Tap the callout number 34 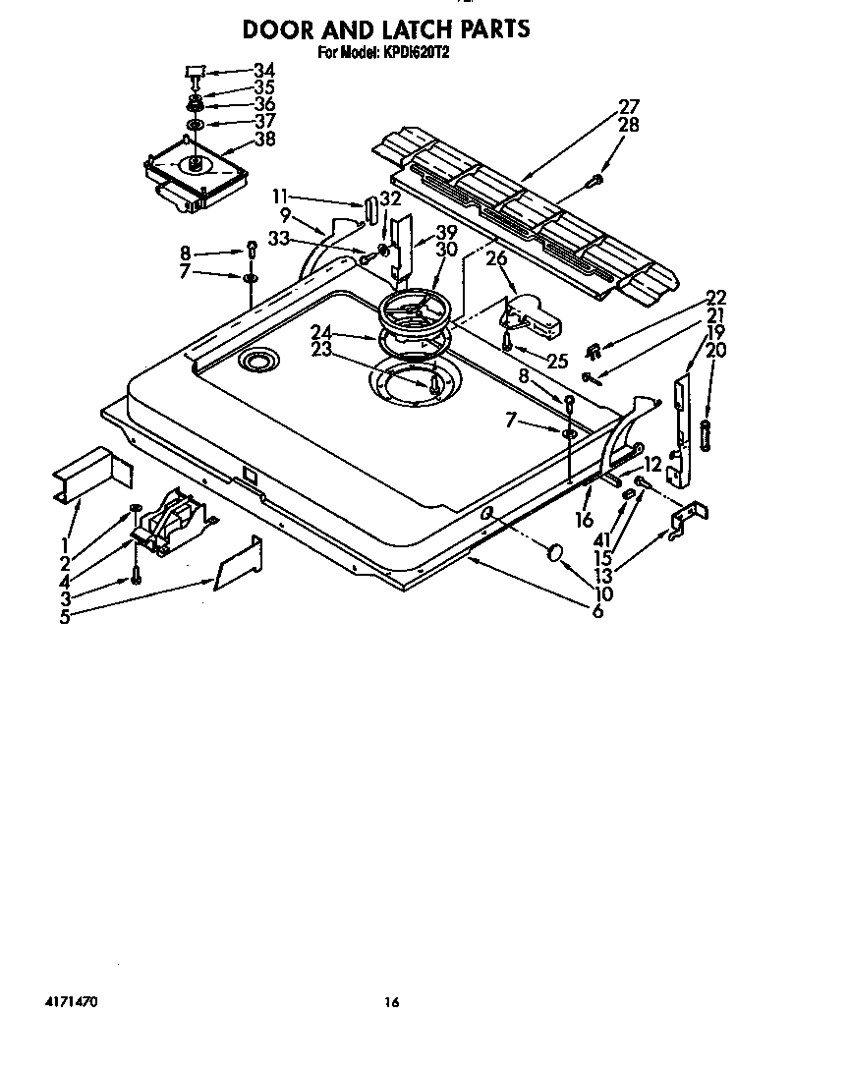click(x=264, y=71)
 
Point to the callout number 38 click(x=264, y=139)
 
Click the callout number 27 click(x=629, y=106)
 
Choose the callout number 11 click(x=280, y=197)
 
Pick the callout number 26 click(x=496, y=258)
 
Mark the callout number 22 click(x=716, y=298)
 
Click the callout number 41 click(x=602, y=540)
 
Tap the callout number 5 click(x=64, y=618)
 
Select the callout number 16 click(x=585, y=520)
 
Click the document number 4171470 click(x=71, y=1002)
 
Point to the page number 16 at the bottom click(x=391, y=1002)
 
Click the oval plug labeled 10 click(x=555, y=552)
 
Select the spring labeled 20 click(x=706, y=435)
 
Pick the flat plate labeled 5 click(x=238, y=563)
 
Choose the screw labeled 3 click(x=136, y=575)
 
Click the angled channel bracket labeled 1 click(x=92, y=475)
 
